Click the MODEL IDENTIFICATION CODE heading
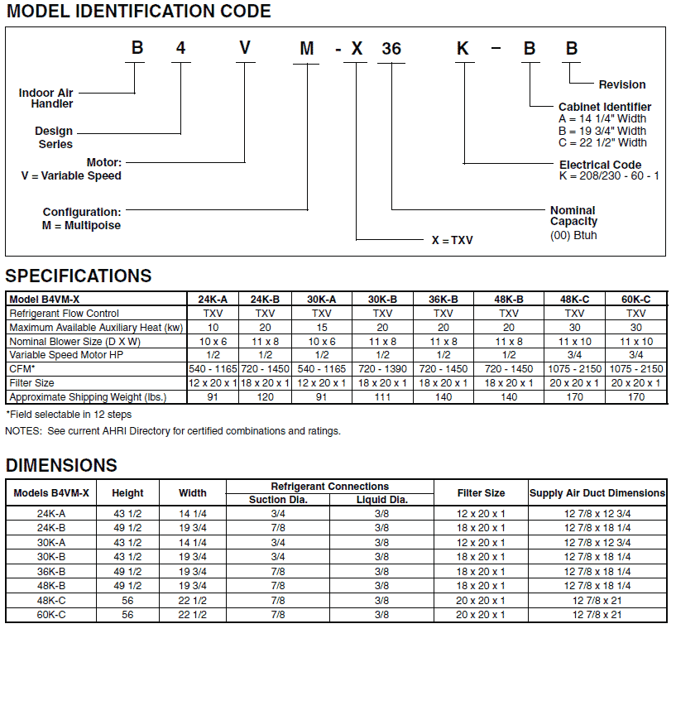point(138,12)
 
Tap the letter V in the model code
point(245,48)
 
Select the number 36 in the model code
point(391,49)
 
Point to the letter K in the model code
point(463,48)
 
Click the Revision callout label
point(622,84)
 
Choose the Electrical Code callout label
point(600,165)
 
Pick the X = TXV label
point(453,240)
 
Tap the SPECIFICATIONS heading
point(79,276)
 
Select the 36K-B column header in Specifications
point(443,300)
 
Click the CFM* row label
point(22,369)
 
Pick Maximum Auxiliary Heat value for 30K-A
point(322,328)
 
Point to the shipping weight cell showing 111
point(382,397)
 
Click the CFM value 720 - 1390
point(382,369)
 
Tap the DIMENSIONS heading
point(61,465)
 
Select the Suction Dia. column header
point(279,500)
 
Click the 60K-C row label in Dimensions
point(51,615)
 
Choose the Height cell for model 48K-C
point(127,601)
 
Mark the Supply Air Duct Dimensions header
point(597,493)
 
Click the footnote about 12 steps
point(69,414)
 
